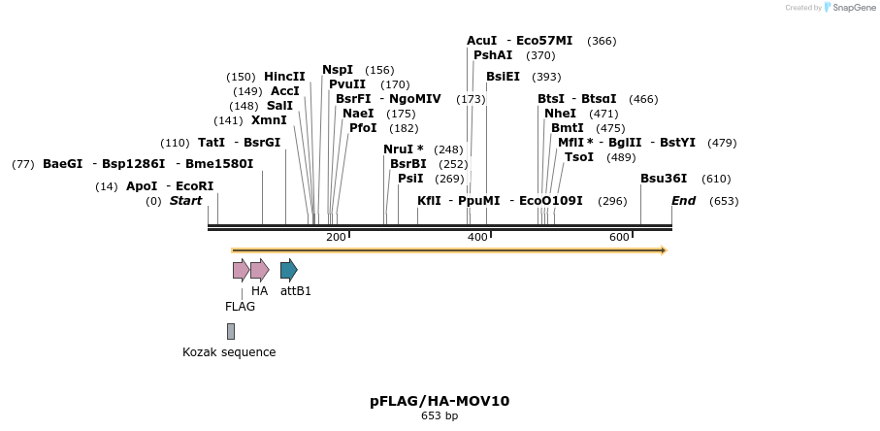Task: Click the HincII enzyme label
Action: [284, 77]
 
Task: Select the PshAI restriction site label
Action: [493, 55]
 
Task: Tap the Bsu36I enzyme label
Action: [664, 179]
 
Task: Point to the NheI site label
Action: [560, 114]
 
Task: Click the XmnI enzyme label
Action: [269, 120]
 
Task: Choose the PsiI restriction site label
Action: [410, 179]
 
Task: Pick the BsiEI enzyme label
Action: [503, 77]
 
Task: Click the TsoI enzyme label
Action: [579, 157]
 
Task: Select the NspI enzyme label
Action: [338, 70]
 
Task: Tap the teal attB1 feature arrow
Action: [288, 270]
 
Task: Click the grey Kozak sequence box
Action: [231, 331]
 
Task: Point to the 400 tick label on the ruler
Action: [477, 238]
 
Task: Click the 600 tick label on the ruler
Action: [619, 238]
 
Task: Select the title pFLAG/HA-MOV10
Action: [440, 401]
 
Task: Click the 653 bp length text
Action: [440, 416]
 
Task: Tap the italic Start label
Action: [185, 201]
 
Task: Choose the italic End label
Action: [683, 201]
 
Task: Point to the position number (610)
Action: [716, 179]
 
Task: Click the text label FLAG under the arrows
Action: [241, 307]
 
